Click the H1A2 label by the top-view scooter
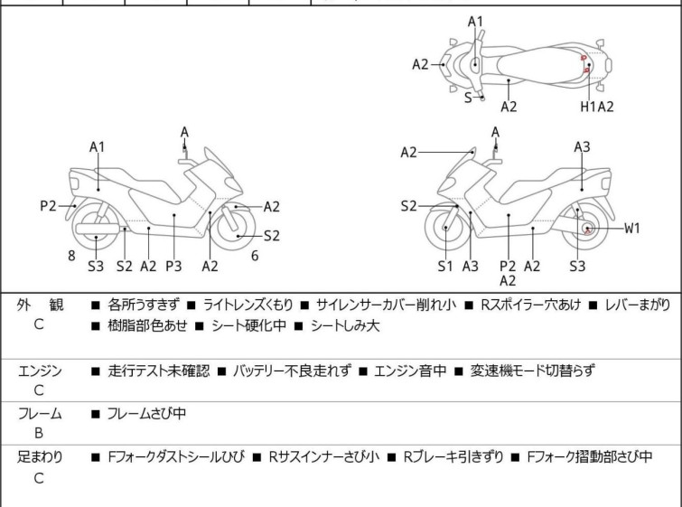point(597,107)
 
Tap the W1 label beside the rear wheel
point(632,228)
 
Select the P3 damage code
point(173,266)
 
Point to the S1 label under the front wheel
point(445,266)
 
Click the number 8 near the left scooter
point(70,256)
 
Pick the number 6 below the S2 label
point(255,256)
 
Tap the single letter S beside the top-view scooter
point(468,98)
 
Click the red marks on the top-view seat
point(584,63)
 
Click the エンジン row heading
point(40,371)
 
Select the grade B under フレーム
point(39,433)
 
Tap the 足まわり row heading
point(40,457)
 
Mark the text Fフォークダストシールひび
point(175,457)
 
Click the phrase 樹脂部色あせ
point(143,325)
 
